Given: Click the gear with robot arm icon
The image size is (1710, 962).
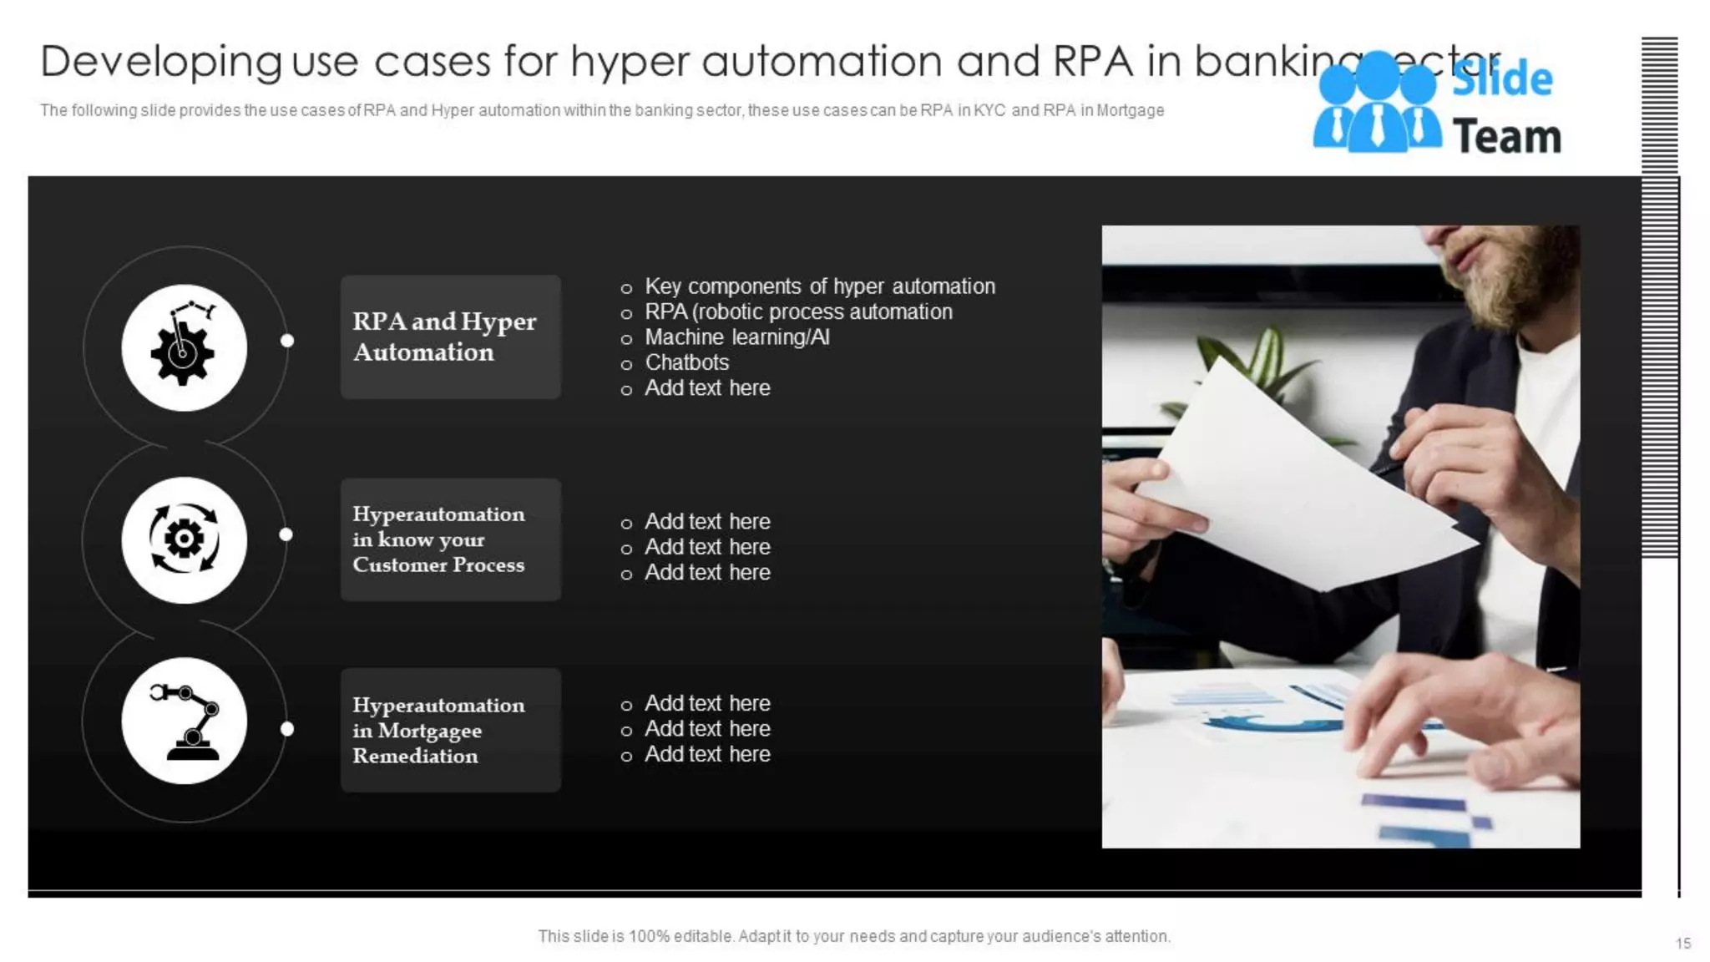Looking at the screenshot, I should point(184,347).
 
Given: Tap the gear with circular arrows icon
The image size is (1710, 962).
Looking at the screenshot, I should point(184,539).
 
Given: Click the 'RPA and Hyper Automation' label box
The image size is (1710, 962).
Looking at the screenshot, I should point(450,337).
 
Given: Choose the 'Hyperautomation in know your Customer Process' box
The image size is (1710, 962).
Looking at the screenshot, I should point(450,539).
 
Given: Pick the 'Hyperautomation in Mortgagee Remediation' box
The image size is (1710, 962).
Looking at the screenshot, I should point(450,730).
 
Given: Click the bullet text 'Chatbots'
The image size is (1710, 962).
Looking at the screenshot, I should point(686,362).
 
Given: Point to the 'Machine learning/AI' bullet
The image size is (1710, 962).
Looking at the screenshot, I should point(736,337).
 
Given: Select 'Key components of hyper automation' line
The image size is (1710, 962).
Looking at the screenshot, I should point(819,286).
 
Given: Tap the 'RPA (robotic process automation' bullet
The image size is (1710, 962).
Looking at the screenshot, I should point(797,312).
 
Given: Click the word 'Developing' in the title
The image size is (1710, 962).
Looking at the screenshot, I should point(160,62).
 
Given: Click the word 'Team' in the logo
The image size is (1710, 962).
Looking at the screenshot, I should point(1506,137).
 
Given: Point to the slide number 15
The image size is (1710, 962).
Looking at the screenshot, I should point(1682,943).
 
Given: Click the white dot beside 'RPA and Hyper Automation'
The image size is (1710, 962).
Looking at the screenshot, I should point(287,341).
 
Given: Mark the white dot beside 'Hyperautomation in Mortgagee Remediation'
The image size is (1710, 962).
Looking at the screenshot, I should point(287,729).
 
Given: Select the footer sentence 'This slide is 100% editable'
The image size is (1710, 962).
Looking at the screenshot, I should point(853,936).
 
